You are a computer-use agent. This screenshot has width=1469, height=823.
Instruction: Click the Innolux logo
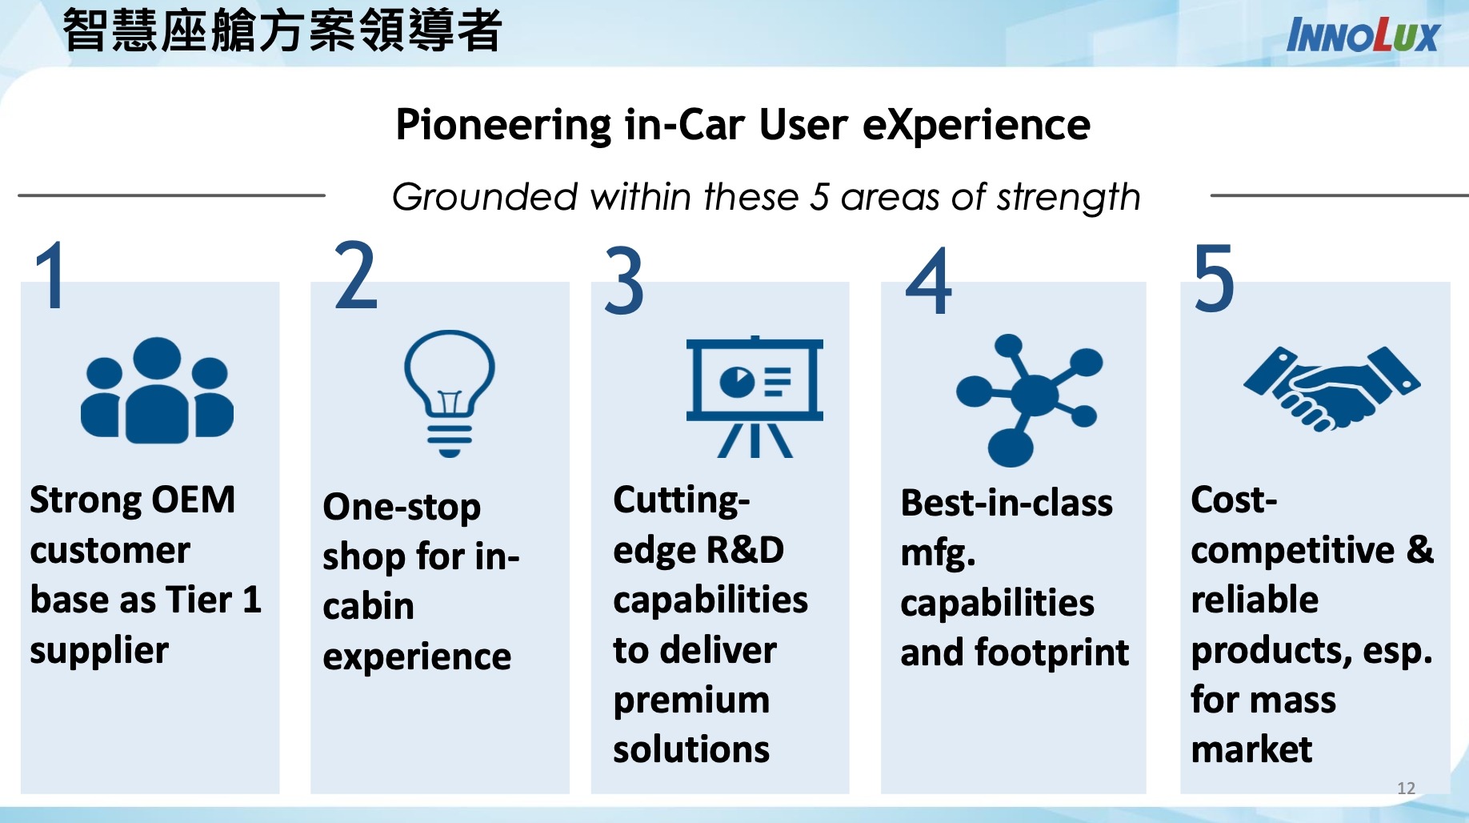(x=1362, y=36)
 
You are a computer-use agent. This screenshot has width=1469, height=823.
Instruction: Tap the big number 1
(x=51, y=275)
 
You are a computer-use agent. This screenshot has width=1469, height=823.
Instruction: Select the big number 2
(x=355, y=275)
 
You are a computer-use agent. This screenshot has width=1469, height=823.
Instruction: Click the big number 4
(x=929, y=281)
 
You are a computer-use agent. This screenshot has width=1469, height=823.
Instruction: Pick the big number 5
(x=1214, y=278)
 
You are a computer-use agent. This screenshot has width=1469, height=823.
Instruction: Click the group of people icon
(x=157, y=390)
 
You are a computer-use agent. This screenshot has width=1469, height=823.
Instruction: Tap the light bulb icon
(x=449, y=392)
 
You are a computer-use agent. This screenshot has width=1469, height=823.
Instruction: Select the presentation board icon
(x=755, y=396)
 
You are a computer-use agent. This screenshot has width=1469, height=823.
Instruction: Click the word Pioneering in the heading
(x=503, y=126)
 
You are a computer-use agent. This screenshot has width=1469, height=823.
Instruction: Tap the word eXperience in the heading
(x=976, y=126)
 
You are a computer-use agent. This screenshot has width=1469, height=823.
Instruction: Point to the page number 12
(x=1406, y=788)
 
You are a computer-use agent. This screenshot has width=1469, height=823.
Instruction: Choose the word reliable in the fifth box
(x=1254, y=600)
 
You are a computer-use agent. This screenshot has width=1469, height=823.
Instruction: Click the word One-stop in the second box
(x=402, y=508)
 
